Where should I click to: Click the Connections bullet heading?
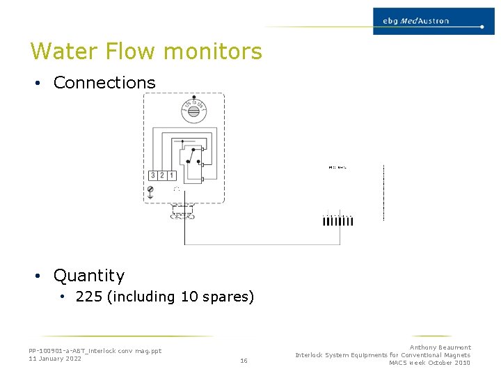click(104, 83)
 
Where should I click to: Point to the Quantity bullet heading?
click(89, 276)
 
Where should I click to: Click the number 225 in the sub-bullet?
click(89, 297)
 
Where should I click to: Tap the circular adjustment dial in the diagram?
click(194, 110)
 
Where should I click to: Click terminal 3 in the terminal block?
click(153, 175)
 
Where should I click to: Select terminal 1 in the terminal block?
click(171, 175)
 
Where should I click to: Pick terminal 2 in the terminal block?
click(162, 175)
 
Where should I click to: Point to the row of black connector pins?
click(338, 221)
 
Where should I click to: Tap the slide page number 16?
click(244, 361)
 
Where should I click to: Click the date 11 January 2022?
click(55, 359)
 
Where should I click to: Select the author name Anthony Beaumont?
click(440, 347)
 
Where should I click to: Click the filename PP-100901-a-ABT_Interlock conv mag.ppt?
click(95, 351)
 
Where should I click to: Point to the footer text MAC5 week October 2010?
click(429, 363)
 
